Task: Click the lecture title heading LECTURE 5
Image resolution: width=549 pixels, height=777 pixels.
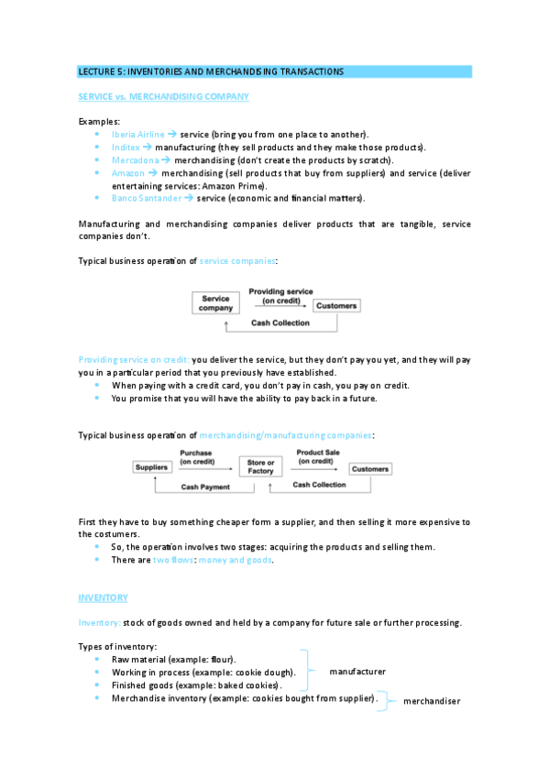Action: click(x=211, y=71)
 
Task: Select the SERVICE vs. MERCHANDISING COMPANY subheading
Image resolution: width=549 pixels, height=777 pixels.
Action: click(x=163, y=96)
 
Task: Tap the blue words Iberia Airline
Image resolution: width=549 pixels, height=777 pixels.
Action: click(x=137, y=134)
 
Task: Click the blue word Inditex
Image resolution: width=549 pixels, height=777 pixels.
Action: click(x=126, y=147)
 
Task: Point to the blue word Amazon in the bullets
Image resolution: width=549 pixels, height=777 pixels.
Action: click(x=127, y=172)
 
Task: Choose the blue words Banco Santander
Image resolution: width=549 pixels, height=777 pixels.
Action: click(x=146, y=197)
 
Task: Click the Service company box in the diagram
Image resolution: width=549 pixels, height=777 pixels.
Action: click(x=215, y=303)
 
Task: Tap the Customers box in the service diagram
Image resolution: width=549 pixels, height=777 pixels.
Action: click(x=335, y=305)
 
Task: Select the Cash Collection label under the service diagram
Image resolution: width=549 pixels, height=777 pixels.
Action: click(x=280, y=323)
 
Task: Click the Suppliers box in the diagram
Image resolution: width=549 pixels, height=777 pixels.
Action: click(x=152, y=468)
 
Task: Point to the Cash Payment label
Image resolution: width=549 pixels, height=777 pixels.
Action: click(x=204, y=487)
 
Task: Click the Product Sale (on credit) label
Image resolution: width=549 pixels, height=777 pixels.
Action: click(x=314, y=457)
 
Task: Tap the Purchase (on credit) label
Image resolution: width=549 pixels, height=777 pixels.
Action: click(x=196, y=457)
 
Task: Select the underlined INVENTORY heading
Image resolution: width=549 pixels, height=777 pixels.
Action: click(x=103, y=597)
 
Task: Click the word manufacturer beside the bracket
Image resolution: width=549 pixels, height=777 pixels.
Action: click(x=357, y=672)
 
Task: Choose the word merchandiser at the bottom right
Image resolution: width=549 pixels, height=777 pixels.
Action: click(x=430, y=701)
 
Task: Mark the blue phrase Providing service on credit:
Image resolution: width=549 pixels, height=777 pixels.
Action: click(x=134, y=360)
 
